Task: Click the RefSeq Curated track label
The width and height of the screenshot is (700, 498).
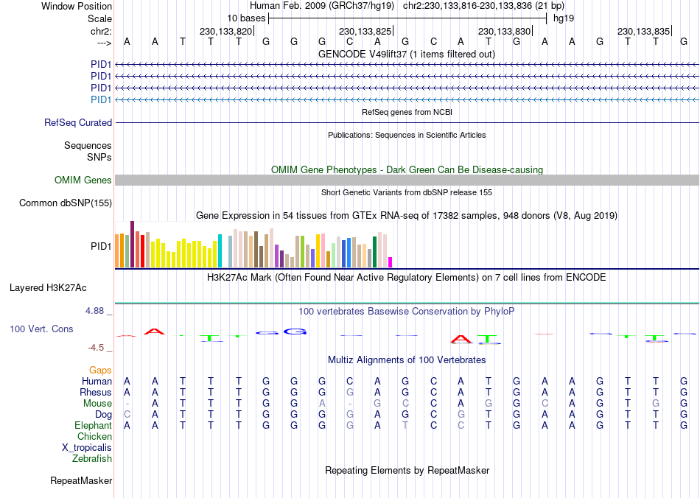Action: pos(78,123)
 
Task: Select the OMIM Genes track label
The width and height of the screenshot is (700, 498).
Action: pos(83,180)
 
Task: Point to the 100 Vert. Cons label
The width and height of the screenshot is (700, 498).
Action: pos(41,329)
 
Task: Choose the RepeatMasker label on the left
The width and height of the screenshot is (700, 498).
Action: pos(81,481)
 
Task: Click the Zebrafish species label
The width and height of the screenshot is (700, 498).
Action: pos(92,459)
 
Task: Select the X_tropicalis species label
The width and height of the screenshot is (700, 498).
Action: pos(87,448)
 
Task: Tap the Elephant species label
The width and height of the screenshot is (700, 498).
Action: pos(93,426)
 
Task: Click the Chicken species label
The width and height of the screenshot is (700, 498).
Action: pos(94,437)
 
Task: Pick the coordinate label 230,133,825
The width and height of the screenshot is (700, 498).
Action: pos(365,32)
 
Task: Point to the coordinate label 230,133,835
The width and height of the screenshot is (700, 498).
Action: pos(643,32)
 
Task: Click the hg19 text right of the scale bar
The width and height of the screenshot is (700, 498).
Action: pos(564,17)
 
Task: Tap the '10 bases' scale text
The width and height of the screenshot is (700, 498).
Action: pos(246,17)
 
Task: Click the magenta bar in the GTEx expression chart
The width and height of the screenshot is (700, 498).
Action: pos(391,262)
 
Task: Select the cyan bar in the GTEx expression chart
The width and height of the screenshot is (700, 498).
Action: pos(220,251)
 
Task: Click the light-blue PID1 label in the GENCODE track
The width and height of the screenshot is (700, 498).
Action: pos(101,99)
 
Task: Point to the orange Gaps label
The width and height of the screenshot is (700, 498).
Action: pos(100,370)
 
